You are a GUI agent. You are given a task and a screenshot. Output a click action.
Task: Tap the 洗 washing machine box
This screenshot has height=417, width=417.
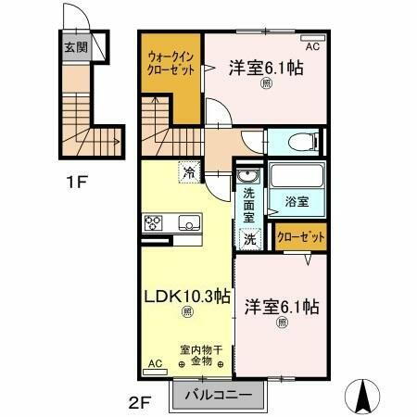pyautogui.click(x=249, y=238)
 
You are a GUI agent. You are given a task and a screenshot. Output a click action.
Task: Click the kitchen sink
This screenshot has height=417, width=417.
pyautogui.click(x=189, y=222)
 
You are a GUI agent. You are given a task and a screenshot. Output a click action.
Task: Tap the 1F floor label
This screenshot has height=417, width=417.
pyautogui.click(x=77, y=181)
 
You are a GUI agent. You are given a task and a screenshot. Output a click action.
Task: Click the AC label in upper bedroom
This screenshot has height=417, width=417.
pyautogui.click(x=312, y=43)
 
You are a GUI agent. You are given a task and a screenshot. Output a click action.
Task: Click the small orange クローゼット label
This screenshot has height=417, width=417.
pyautogui.click(x=301, y=237)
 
